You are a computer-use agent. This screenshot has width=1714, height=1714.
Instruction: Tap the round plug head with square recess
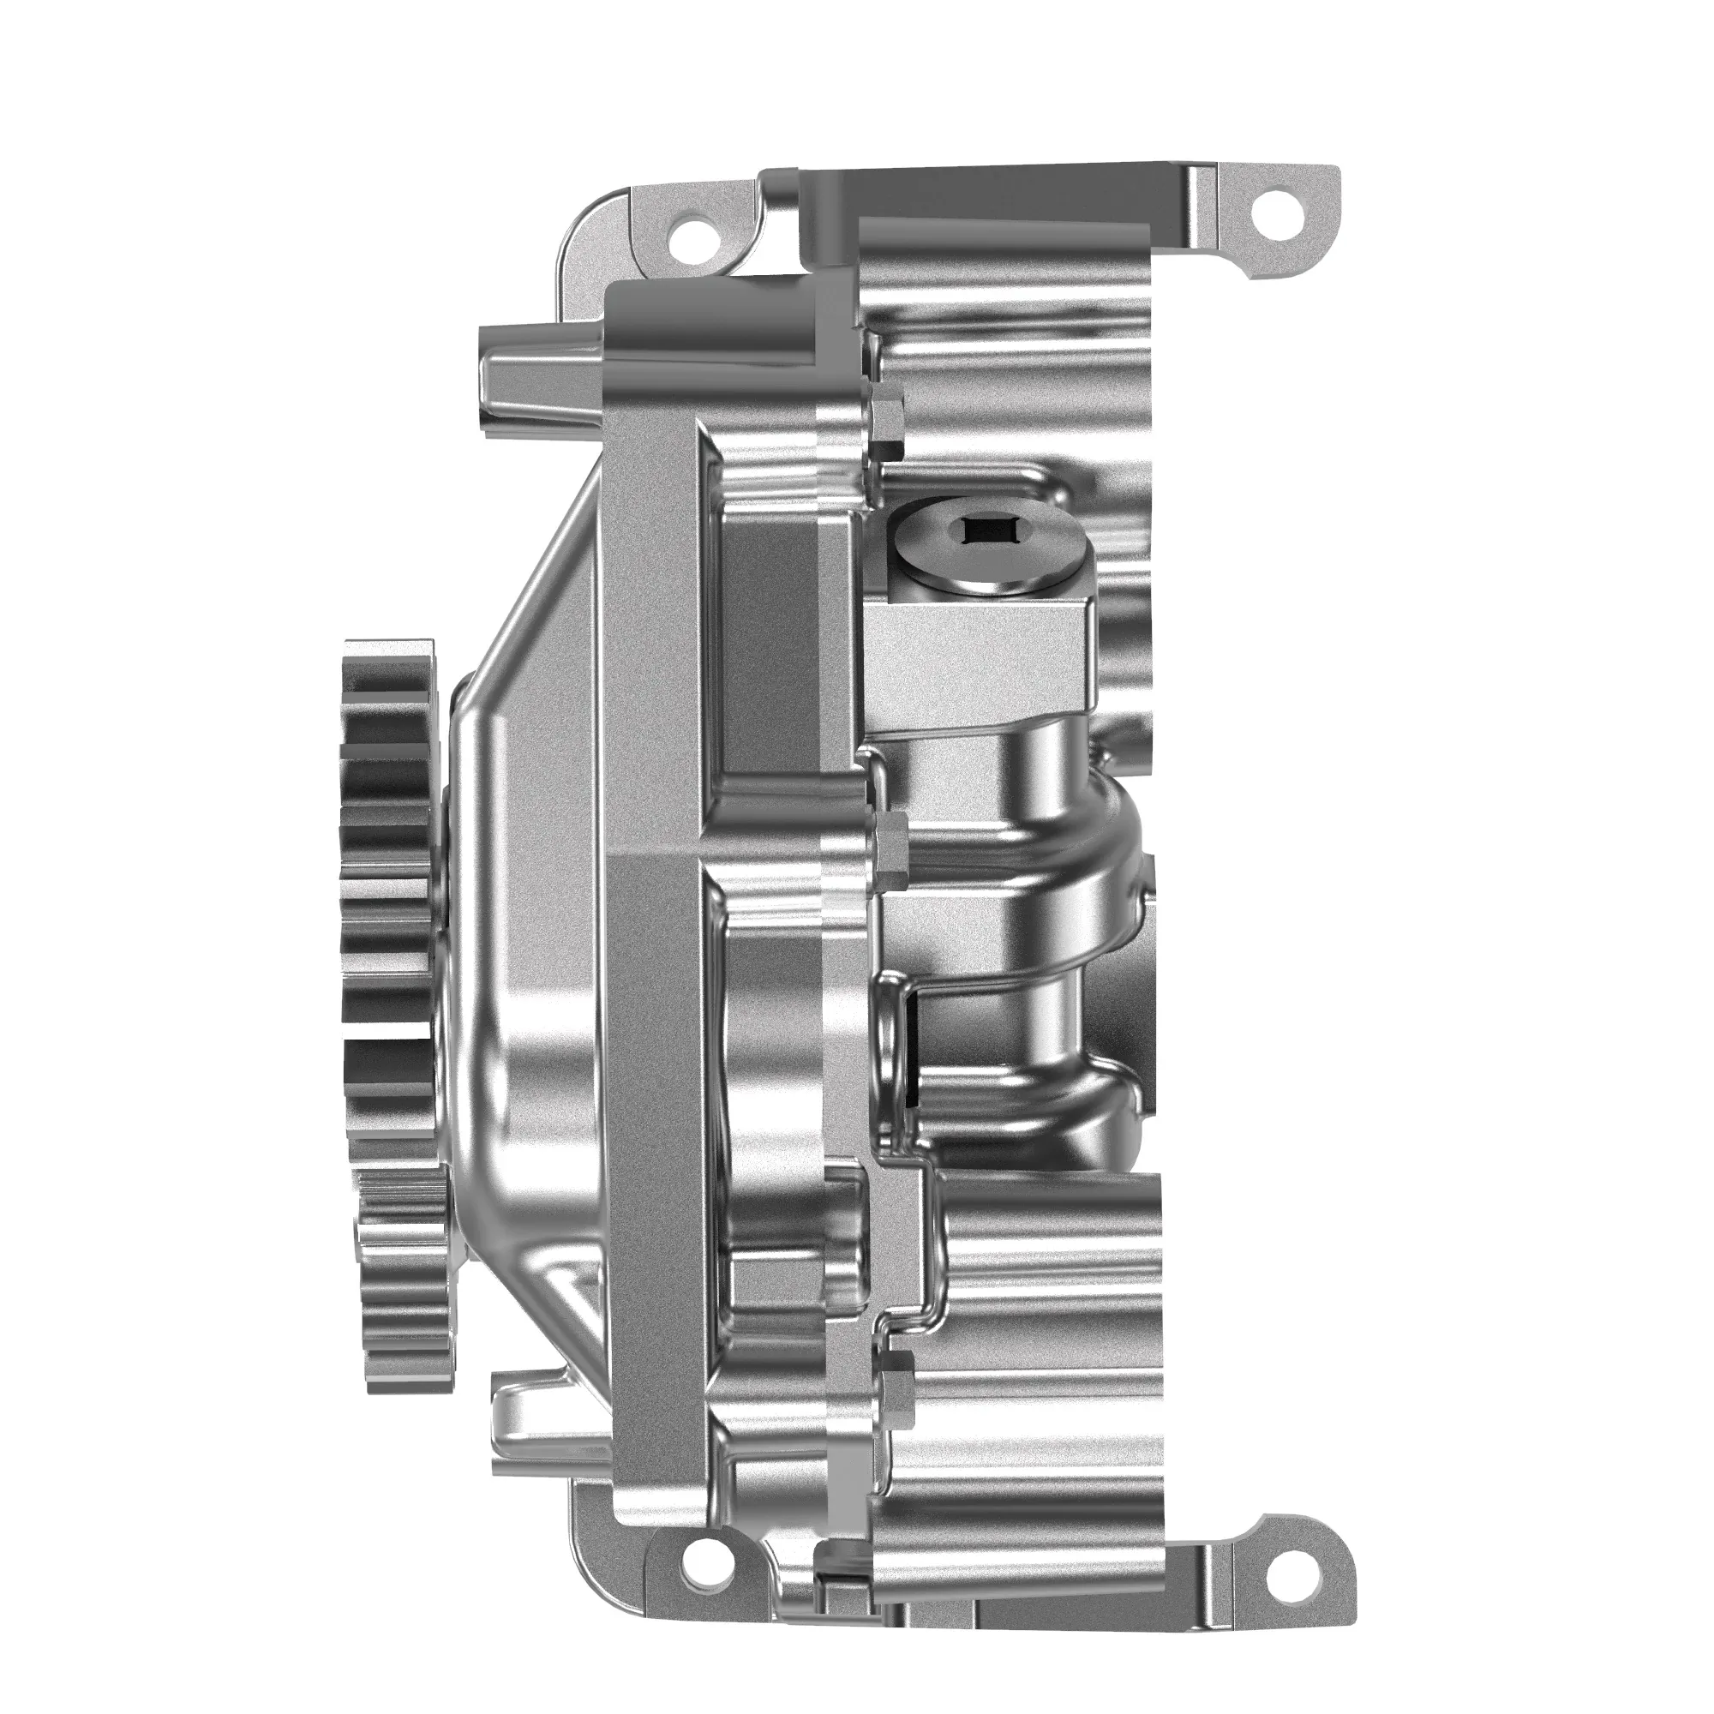[986, 551]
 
